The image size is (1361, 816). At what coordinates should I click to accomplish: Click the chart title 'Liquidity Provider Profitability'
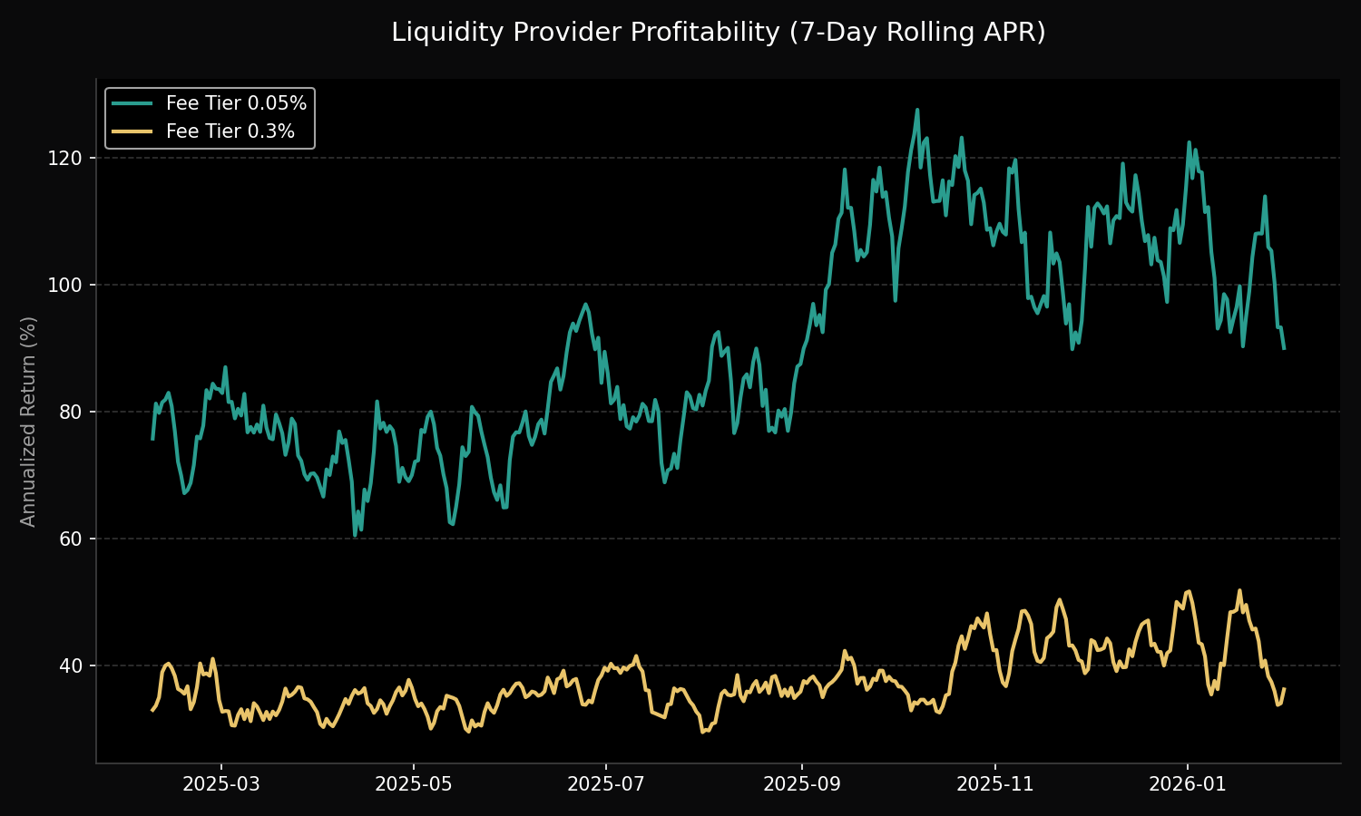click(x=718, y=33)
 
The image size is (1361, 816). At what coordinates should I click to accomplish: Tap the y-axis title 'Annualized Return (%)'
click(x=28, y=421)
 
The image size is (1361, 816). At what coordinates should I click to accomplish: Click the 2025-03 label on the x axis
click(x=221, y=784)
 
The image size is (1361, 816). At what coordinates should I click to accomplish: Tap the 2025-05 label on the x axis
click(x=414, y=784)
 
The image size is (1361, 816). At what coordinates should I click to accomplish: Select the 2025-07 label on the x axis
click(x=606, y=784)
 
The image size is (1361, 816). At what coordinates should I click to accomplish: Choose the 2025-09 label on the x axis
click(x=802, y=784)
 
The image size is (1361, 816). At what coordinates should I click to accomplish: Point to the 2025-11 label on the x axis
click(x=995, y=784)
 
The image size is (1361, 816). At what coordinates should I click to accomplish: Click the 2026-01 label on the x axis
click(x=1188, y=784)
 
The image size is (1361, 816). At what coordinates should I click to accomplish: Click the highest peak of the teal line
click(x=917, y=110)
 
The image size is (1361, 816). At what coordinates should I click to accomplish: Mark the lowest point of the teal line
click(x=355, y=536)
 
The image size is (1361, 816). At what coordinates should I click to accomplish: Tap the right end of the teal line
click(x=1284, y=348)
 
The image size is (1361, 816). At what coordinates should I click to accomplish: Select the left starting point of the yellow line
click(x=152, y=710)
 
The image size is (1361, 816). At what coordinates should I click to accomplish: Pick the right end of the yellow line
click(x=1284, y=688)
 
